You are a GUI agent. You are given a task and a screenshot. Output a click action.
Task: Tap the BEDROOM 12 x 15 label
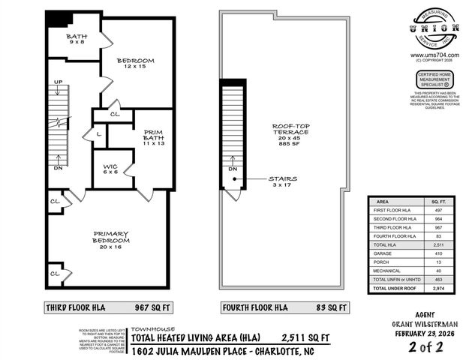136,64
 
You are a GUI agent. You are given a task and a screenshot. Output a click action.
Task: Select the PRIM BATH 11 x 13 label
154,137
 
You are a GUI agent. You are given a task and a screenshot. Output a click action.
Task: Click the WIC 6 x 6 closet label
110,168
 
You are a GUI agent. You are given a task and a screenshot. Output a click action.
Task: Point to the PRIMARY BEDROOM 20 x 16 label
110,238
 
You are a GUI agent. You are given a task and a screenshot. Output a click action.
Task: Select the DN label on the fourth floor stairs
233,169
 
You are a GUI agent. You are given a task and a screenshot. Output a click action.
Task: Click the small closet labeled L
99,134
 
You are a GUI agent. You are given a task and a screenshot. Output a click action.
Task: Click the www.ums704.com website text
430,55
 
